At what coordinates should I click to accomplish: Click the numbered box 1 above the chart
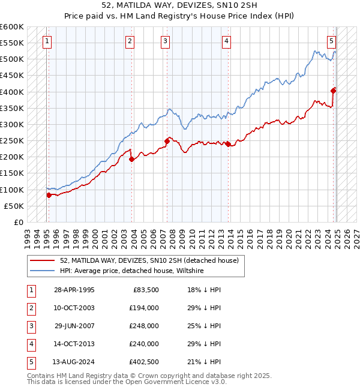pos(47,41)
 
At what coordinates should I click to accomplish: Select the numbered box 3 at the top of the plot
pos(165,41)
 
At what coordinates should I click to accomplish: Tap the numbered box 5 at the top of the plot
pos(332,41)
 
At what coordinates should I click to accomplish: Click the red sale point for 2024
pos(334,91)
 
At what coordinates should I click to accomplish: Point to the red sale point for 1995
pos(49,194)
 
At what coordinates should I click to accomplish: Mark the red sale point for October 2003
pos(131,158)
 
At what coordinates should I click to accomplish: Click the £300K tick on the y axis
pos(12,124)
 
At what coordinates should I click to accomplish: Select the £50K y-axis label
pos(14,206)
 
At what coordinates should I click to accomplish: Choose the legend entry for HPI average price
pos(132,271)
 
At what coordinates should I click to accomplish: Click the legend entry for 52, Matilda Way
pos(149,260)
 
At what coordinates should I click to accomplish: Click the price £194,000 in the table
pos(143,308)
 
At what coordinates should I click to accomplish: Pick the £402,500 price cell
pos(143,362)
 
